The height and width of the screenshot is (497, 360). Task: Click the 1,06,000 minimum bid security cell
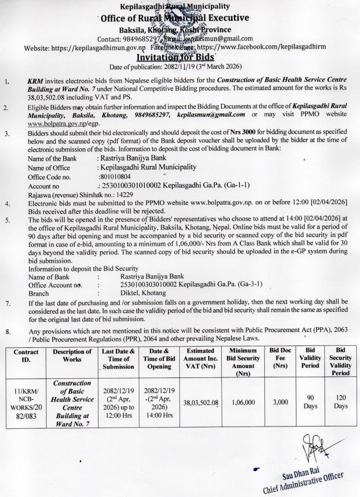click(244, 403)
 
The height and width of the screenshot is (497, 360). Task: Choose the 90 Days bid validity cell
click(309, 402)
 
